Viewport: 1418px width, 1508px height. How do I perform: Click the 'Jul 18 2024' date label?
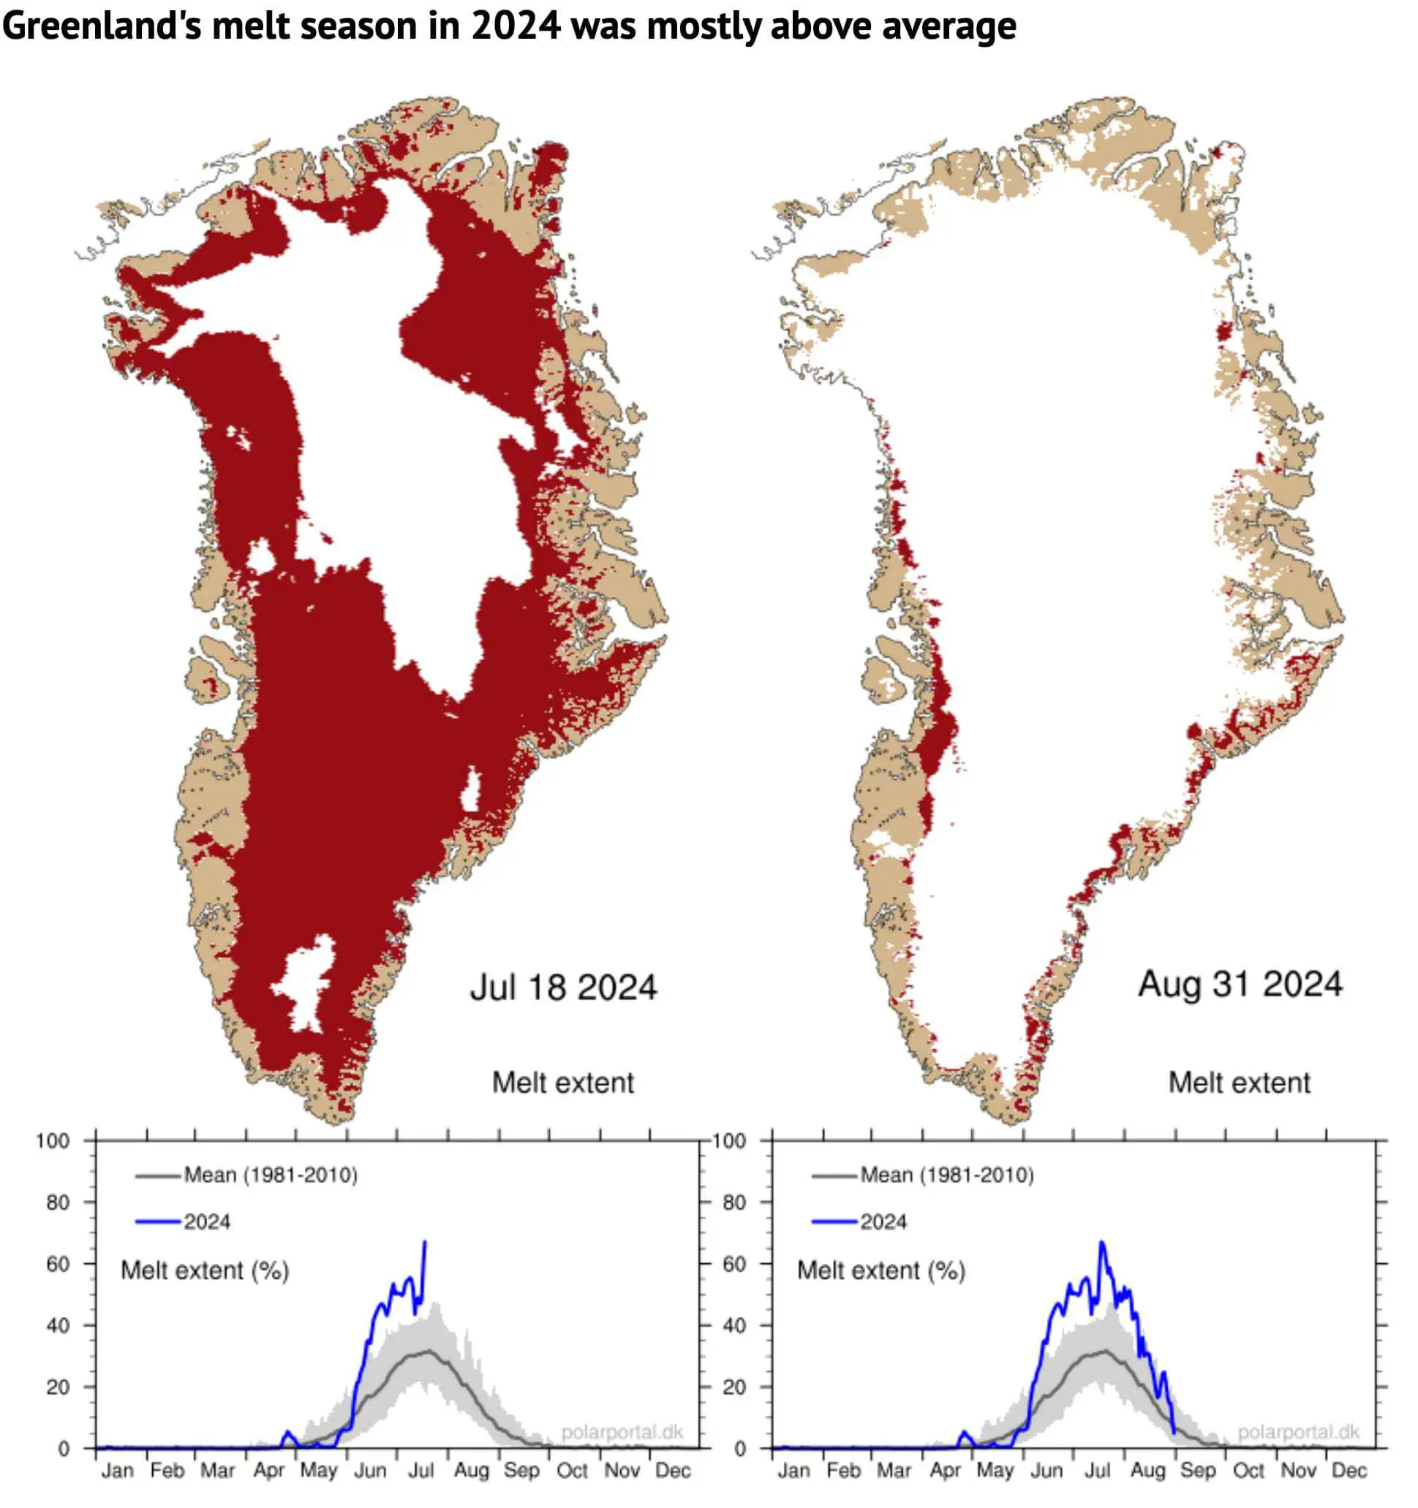[x=563, y=988]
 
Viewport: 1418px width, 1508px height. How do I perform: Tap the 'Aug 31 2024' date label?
[x=1240, y=984]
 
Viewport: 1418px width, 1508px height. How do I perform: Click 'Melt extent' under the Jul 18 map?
[x=563, y=1083]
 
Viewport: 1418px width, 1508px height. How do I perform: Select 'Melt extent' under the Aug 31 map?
[x=1239, y=1083]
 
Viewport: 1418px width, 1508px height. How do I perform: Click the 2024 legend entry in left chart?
[x=206, y=1222]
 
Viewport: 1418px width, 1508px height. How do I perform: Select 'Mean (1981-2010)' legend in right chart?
[x=946, y=1175]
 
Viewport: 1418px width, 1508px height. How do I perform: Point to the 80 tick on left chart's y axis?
[x=58, y=1202]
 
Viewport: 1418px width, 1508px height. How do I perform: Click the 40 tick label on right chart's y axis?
[x=733, y=1325]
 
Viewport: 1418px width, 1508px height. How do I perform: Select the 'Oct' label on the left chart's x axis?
[x=572, y=1470]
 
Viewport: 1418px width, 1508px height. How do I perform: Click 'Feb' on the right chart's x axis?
[x=844, y=1470]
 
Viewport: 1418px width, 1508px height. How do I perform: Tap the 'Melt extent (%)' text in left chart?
[x=205, y=1270]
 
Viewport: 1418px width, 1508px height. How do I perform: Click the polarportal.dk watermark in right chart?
[x=1298, y=1431]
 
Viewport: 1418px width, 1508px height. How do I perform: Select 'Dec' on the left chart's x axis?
[x=672, y=1470]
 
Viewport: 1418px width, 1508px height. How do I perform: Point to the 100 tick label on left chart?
[x=53, y=1141]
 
